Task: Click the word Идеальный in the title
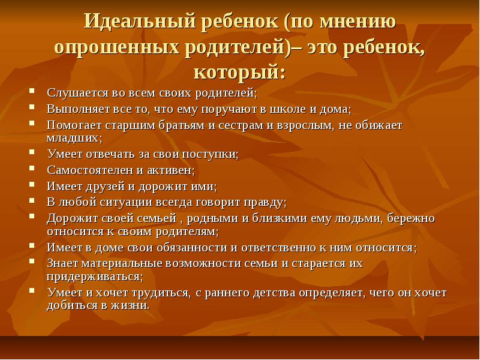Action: [x=140, y=22]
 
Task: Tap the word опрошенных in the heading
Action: [x=116, y=47]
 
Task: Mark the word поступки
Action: [x=209, y=154]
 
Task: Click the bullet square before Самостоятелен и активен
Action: [x=32, y=168]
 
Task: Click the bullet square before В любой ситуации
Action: [x=32, y=200]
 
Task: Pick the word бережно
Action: [x=411, y=218]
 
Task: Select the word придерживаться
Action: [x=94, y=277]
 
